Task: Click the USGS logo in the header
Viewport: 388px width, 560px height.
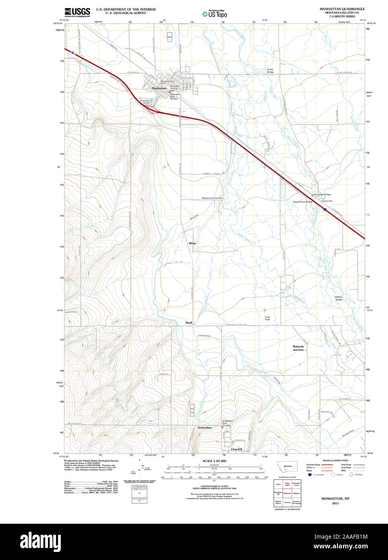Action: pos(77,12)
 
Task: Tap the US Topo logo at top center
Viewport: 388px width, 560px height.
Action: pos(215,14)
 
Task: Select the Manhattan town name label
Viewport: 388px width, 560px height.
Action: pos(159,88)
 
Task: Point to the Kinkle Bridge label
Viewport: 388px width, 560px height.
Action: pos(270,71)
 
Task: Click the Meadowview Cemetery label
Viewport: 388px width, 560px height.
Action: pos(212,198)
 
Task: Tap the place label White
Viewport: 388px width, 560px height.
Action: pos(192,243)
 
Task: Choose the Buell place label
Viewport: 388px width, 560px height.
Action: pos(189,323)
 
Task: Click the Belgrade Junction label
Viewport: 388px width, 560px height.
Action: pos(298,348)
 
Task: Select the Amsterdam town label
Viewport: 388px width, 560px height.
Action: pos(204,427)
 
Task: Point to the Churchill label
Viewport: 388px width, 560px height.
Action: pos(236,449)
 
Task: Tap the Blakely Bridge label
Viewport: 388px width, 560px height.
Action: pos(339,298)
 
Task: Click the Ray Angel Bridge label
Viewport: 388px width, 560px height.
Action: pos(322,195)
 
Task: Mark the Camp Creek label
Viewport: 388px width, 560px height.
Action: pos(267,318)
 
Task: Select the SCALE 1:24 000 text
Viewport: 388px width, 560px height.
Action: pos(214,461)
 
